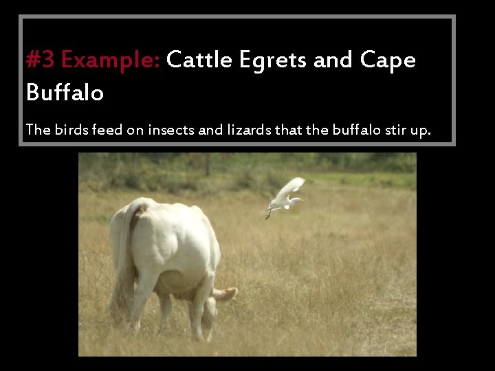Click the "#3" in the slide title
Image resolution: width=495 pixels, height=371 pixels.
41,60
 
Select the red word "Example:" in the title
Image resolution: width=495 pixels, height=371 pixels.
111,61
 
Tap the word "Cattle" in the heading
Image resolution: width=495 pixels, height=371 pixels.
199,60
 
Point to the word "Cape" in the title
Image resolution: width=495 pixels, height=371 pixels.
388,61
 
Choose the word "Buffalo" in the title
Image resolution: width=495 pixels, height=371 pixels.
65,92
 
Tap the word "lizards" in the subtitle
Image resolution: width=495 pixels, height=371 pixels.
249,129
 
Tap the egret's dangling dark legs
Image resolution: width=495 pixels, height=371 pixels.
268,213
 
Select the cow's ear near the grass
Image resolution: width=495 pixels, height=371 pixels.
228,294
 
